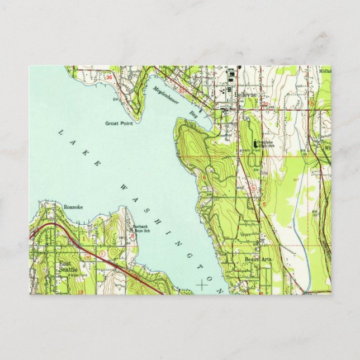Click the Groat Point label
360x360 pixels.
coord(119,124)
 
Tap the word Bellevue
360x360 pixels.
coord(245,96)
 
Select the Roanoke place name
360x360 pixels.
coord(73,207)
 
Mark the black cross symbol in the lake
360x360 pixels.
coord(201,285)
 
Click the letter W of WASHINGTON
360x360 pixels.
coord(124,187)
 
